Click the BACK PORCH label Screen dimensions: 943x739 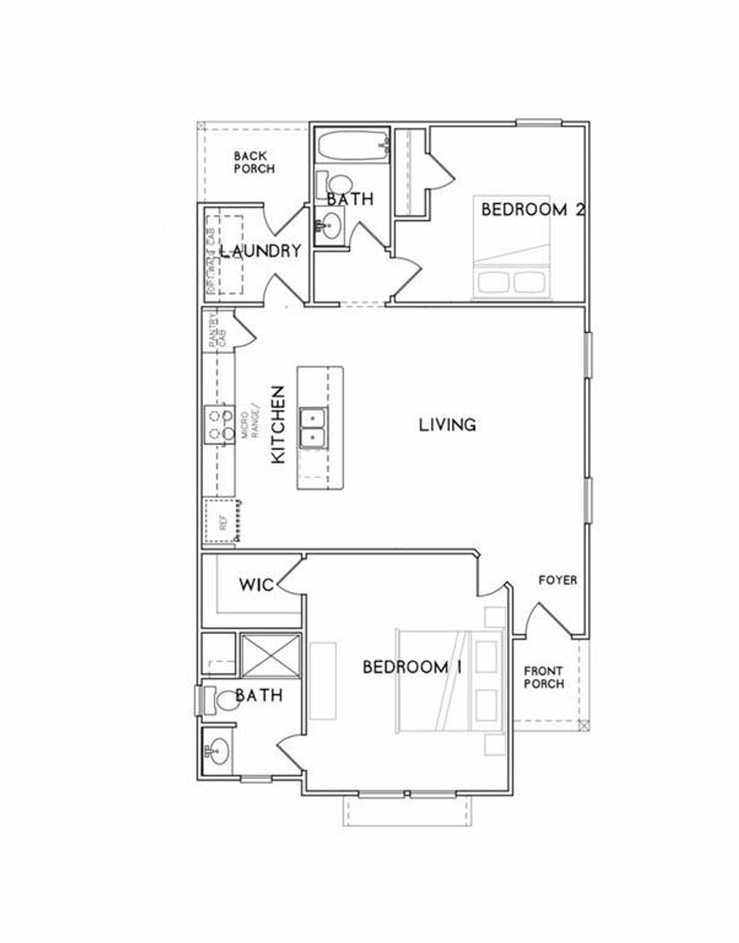pyautogui.click(x=254, y=162)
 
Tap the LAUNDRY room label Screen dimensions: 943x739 pyautogui.click(x=260, y=251)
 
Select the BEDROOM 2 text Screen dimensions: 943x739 pyautogui.click(x=532, y=209)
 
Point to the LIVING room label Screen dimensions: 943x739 pyautogui.click(x=447, y=425)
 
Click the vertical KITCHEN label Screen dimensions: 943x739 pyautogui.click(x=278, y=424)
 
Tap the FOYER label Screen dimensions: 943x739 pyautogui.click(x=558, y=580)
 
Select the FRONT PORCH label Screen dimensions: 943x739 pyautogui.click(x=544, y=677)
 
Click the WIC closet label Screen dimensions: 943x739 pyautogui.click(x=256, y=585)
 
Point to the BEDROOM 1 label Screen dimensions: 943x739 pyautogui.click(x=412, y=668)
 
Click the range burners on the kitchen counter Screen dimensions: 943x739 pyautogui.click(x=219, y=424)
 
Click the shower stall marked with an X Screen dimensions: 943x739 pyautogui.click(x=270, y=655)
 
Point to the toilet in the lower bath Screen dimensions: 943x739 pyautogui.click(x=219, y=700)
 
